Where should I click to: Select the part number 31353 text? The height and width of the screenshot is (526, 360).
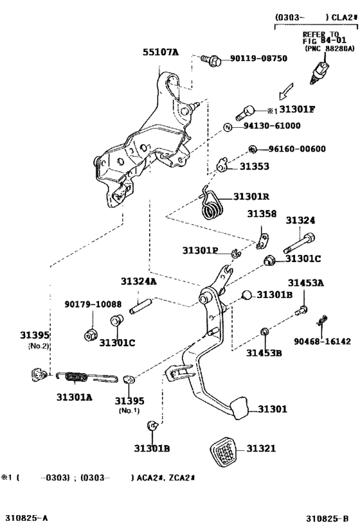(x=255, y=166)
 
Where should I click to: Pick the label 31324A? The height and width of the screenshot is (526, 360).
(x=139, y=281)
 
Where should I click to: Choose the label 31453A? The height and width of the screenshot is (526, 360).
(x=305, y=283)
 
